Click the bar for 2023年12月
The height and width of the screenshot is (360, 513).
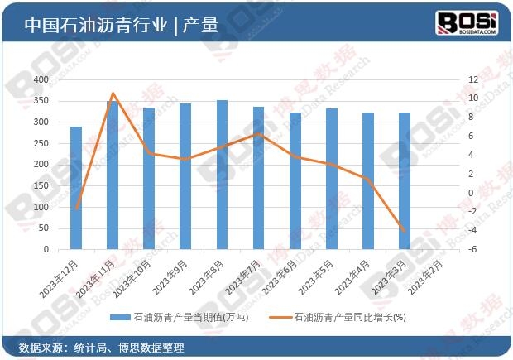76,188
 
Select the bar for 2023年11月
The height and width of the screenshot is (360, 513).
113,175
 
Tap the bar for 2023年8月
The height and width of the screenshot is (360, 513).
222,175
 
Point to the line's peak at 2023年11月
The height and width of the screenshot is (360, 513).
113,94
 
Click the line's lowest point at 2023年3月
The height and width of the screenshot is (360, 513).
405,232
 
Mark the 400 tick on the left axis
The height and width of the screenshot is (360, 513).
64,79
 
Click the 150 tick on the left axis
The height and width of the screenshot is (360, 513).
64,185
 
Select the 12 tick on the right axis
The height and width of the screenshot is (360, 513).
449,79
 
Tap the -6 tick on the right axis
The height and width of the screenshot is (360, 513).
449,249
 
